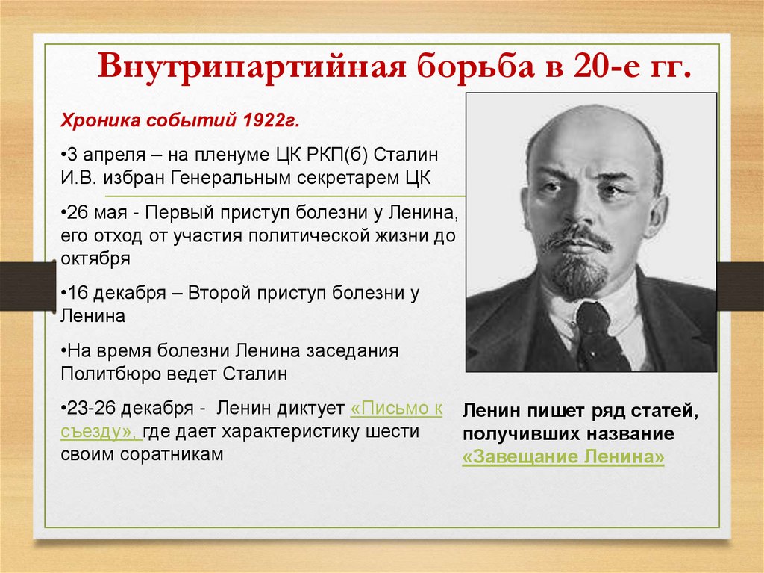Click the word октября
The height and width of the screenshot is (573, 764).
(96, 259)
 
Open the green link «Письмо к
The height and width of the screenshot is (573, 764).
(396, 409)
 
